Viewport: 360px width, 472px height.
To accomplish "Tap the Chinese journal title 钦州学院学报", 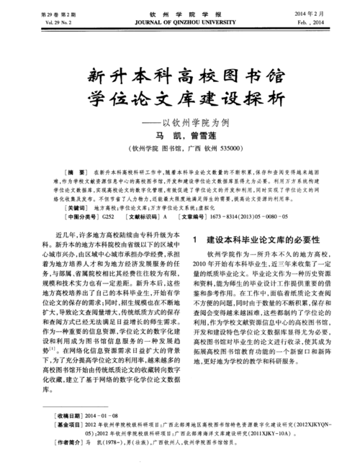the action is (x=180, y=14).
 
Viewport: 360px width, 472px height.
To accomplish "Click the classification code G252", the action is (x=108, y=217).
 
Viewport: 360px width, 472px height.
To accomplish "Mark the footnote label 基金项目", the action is (x=73, y=426).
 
